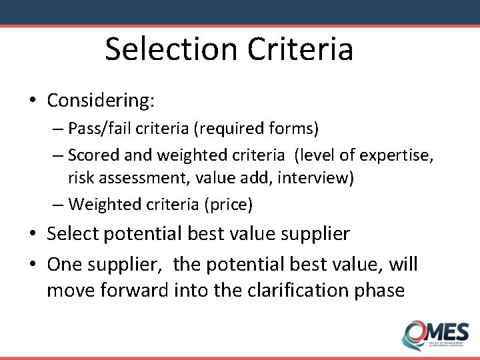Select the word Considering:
101,101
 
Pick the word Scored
93,155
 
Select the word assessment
136,179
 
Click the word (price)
231,203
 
